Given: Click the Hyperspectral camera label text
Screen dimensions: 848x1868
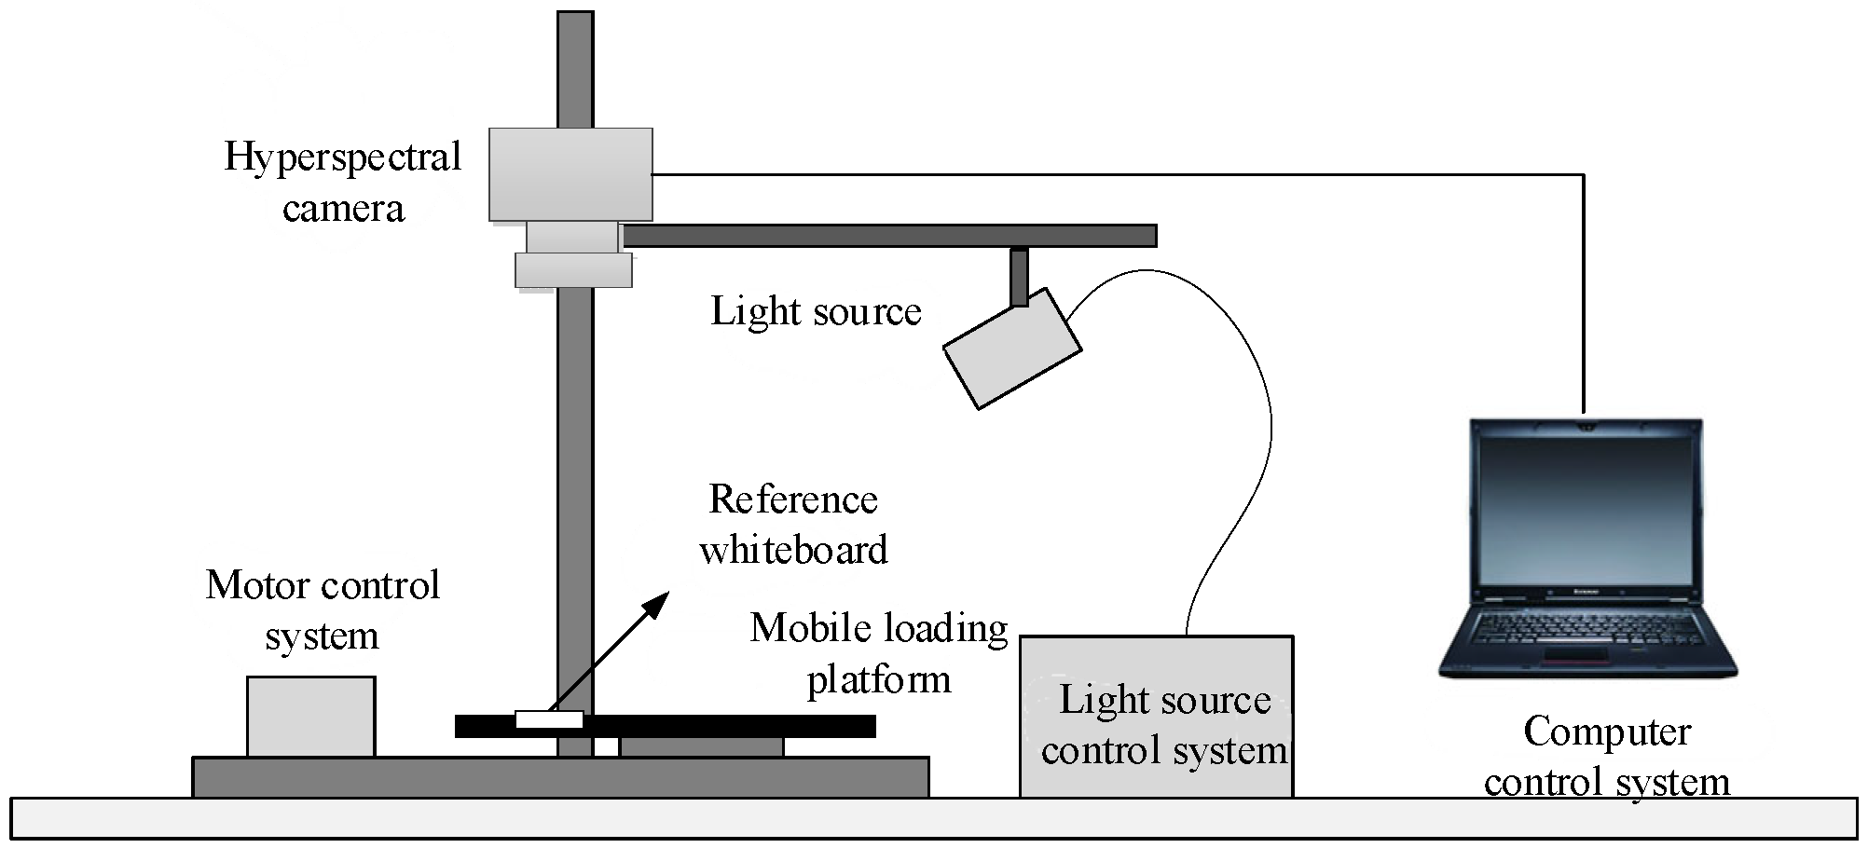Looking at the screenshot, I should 343,182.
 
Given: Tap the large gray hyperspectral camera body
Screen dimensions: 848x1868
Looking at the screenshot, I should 570,174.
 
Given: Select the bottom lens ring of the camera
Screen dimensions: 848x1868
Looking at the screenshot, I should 573,270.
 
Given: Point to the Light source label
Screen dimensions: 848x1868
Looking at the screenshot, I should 816,311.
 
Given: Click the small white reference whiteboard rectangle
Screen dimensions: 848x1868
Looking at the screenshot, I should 549,719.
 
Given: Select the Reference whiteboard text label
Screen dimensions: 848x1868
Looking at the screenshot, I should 792,525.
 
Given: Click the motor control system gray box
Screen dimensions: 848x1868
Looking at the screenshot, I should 310,716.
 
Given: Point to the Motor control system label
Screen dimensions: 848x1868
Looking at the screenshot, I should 322,610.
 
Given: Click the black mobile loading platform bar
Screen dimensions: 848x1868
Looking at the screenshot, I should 727,725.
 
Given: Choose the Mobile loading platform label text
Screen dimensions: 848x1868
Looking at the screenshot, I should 878,653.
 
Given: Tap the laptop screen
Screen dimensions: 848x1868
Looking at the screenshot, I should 1586,508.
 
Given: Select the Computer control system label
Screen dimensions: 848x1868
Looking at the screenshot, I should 1606,757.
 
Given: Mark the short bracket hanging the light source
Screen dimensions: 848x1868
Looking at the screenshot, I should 1019,277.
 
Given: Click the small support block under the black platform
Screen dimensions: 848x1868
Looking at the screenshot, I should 701,746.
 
